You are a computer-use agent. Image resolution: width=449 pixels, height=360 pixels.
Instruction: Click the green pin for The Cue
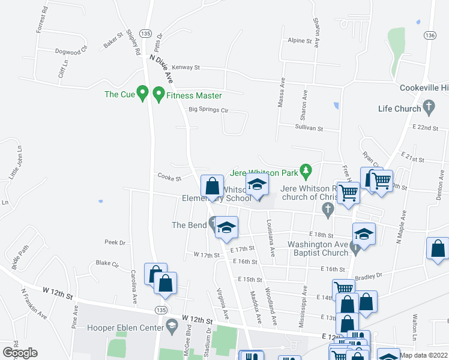pyautogui.click(x=142, y=94)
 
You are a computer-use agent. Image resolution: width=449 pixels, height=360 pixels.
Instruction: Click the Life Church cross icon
pyautogui.click(x=429, y=108)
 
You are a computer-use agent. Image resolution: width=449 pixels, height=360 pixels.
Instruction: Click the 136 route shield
pyautogui.click(x=429, y=36)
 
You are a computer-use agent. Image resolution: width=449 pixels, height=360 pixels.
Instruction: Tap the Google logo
pyautogui.click(x=20, y=353)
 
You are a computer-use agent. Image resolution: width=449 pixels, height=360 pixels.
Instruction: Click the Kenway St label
pyautogui.click(x=185, y=68)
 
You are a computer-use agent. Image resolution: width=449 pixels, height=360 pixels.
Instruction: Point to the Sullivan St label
pyautogui.click(x=309, y=128)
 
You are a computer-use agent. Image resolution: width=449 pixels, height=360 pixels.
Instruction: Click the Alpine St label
pyautogui.click(x=300, y=41)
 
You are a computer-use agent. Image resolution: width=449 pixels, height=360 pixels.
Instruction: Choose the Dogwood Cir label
pyautogui.click(x=71, y=51)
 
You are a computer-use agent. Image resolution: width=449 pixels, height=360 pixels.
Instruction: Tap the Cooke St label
pyautogui.click(x=169, y=177)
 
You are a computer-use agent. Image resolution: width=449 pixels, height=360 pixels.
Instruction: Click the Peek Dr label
pyautogui.click(x=114, y=242)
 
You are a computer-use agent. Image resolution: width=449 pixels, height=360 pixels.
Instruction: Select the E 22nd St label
pyautogui.click(x=427, y=128)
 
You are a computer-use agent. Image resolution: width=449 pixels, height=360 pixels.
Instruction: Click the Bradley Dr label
pyautogui.click(x=369, y=277)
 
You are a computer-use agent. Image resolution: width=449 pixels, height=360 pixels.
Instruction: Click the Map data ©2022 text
pyautogui.click(x=424, y=355)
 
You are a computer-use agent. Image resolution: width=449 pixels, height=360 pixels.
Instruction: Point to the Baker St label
pyautogui.click(x=112, y=40)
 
